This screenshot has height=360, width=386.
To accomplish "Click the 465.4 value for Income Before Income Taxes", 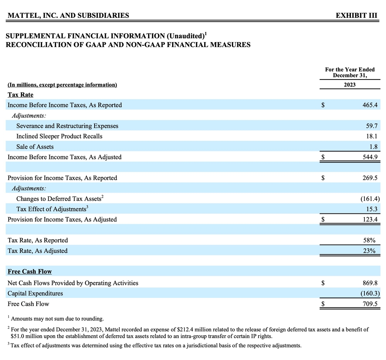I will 370,105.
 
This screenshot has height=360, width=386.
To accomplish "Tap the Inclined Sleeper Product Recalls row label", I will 59,136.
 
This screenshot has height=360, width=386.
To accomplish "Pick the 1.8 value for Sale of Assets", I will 374,147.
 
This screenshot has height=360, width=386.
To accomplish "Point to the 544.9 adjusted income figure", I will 370,157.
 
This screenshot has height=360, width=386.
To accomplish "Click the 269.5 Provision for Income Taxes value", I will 370,178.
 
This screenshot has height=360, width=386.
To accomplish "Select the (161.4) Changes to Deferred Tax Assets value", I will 370,199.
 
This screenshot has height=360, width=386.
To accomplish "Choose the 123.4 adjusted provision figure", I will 370,219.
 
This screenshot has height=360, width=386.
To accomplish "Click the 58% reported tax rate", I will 372,240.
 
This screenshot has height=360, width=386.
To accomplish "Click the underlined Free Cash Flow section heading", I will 30,271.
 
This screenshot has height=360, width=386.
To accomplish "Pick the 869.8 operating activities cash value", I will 370,283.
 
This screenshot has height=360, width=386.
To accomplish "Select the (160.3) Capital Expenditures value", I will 370,293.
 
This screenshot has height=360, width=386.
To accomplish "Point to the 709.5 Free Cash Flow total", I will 370,304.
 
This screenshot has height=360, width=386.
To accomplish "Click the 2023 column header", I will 349,85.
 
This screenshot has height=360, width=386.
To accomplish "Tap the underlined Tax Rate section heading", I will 20,95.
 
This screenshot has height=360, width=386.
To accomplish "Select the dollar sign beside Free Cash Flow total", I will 323,304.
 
